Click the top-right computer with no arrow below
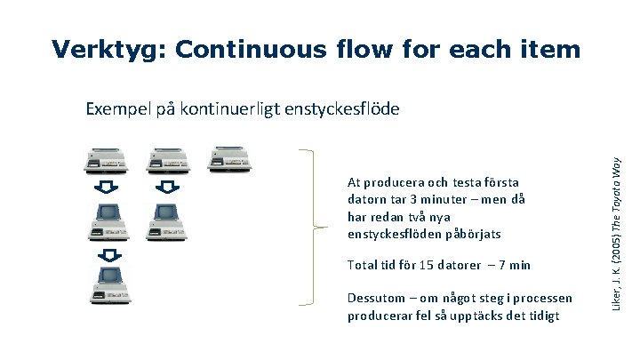coord(225,159)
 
